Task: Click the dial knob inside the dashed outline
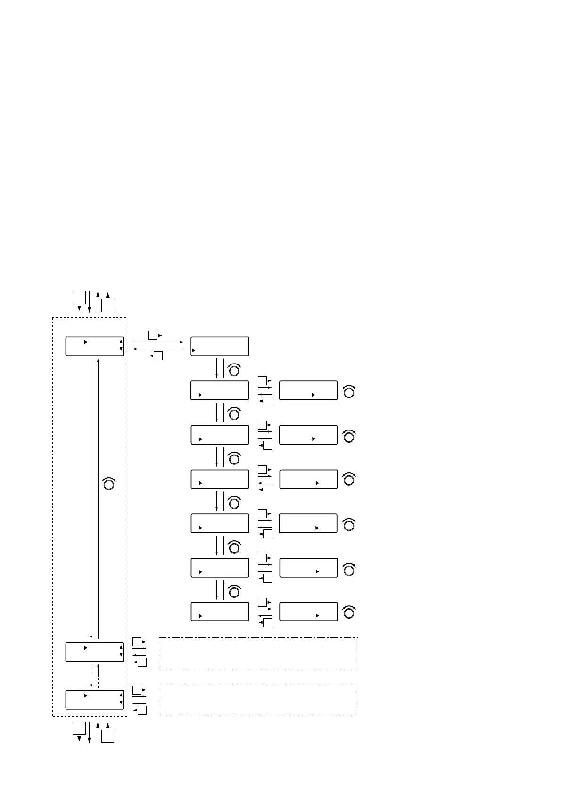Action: point(109,484)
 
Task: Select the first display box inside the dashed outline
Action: point(94,346)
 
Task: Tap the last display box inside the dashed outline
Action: point(94,699)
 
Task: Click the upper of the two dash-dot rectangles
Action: point(258,653)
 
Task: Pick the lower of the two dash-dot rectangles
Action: point(258,700)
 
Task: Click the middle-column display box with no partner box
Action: point(220,346)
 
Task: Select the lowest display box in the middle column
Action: point(220,612)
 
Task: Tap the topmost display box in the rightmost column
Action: point(308,390)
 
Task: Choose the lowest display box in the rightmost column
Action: point(308,612)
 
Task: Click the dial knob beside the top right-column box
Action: point(349,392)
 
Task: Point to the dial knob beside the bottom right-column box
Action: point(349,613)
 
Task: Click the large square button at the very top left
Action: point(79,298)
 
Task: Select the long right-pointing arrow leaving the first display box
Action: point(158,342)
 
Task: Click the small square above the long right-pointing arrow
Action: point(153,335)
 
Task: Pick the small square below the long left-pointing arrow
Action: point(158,356)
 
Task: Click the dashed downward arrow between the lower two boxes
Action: point(91,676)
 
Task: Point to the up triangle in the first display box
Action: point(121,341)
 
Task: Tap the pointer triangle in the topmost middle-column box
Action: point(194,351)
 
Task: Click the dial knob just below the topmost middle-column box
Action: point(234,371)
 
